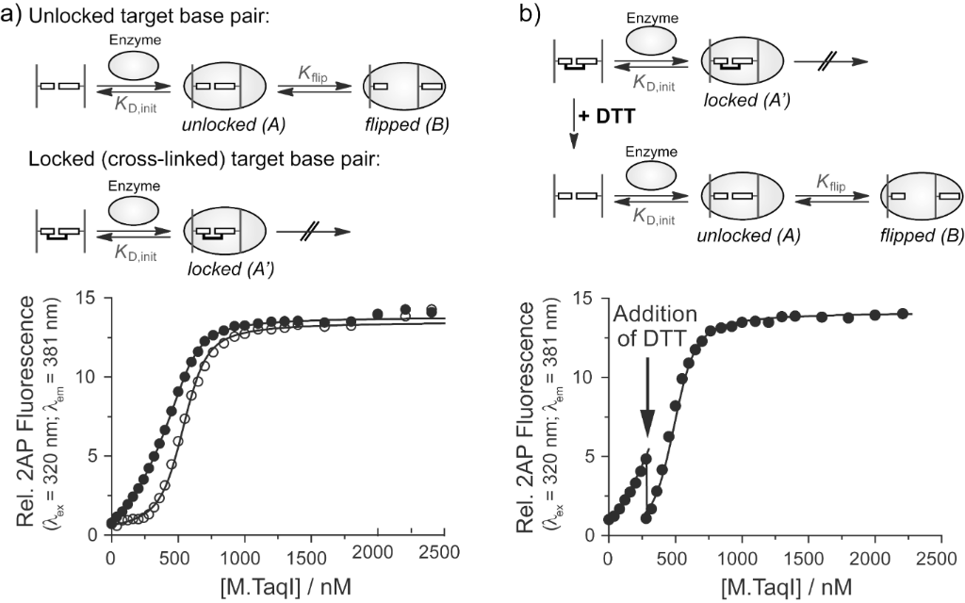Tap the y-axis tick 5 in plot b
tap(587, 456)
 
